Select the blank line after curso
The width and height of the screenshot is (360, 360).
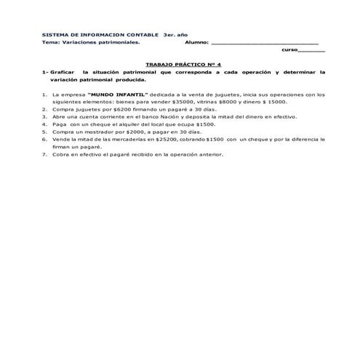[312, 51]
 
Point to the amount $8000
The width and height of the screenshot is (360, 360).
[239, 103]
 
